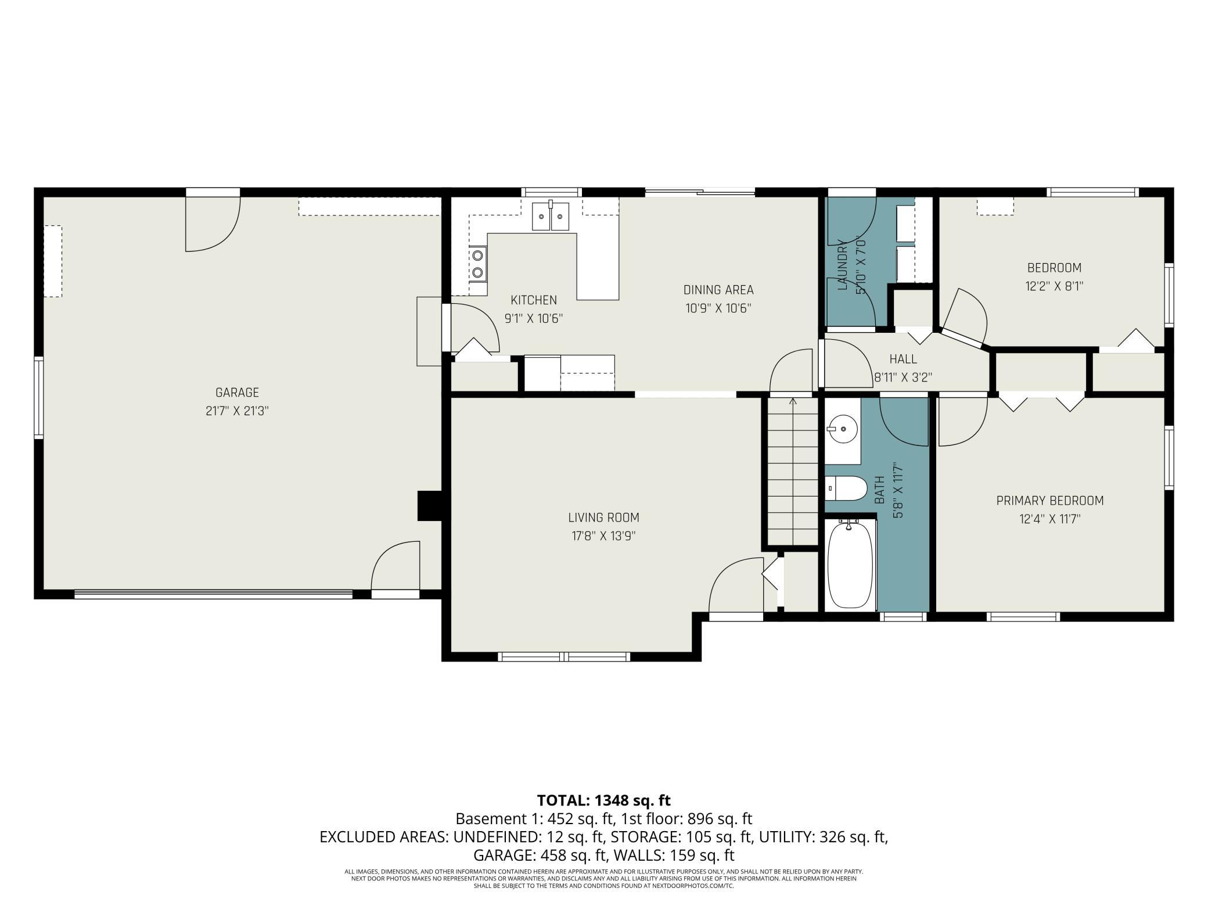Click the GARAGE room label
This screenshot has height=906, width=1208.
pyautogui.click(x=237, y=393)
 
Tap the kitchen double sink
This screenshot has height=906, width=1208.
pyautogui.click(x=551, y=216)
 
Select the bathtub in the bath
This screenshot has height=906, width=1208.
pyautogui.click(x=850, y=564)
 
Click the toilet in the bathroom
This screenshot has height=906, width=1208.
pyautogui.click(x=846, y=488)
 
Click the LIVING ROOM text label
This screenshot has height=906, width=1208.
pyautogui.click(x=603, y=517)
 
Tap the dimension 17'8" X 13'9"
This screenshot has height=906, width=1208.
pyautogui.click(x=603, y=536)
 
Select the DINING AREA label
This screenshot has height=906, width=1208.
pyautogui.click(x=718, y=290)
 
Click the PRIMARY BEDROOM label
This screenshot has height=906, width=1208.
pyautogui.click(x=1050, y=501)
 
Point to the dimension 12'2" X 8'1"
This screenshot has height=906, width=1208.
pyautogui.click(x=1054, y=286)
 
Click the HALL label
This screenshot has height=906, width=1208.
pyautogui.click(x=903, y=359)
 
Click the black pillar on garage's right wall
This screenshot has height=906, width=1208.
pyautogui.click(x=430, y=506)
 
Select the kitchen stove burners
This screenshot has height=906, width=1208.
pyautogui.click(x=479, y=263)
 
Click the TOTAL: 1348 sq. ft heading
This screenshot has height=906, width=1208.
pyautogui.click(x=603, y=800)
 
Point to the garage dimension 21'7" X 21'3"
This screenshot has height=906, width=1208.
pyautogui.click(x=237, y=411)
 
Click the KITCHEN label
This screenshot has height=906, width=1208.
pyautogui.click(x=534, y=300)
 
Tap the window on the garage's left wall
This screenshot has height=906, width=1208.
pyautogui.click(x=39, y=397)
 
